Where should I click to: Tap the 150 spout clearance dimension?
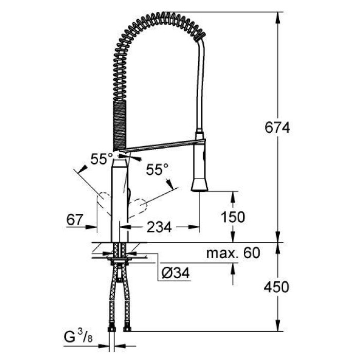(235, 217)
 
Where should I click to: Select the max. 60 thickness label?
(233, 253)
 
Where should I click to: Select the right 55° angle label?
(157, 168)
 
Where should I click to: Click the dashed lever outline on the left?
(105, 202)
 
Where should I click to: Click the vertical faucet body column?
(119, 195)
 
